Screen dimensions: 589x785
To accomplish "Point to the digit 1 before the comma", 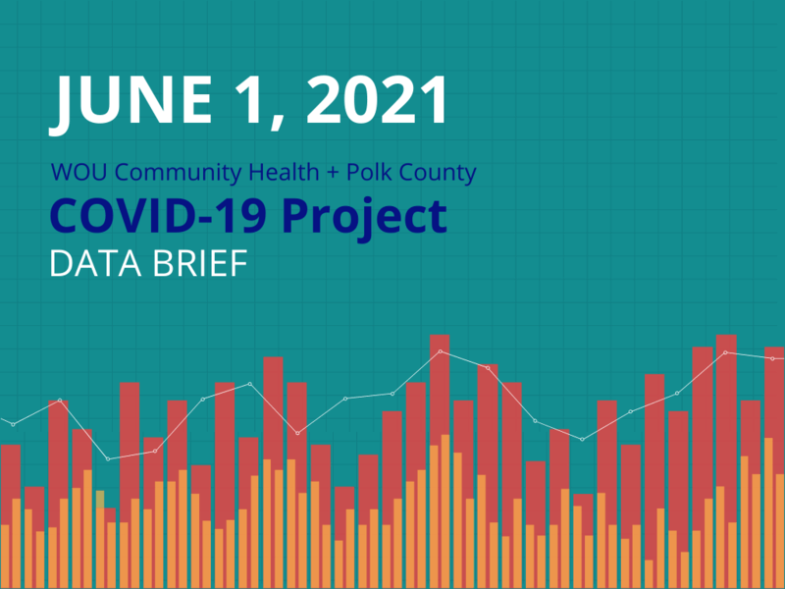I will [252, 101].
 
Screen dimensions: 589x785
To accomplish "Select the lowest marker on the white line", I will [108, 458].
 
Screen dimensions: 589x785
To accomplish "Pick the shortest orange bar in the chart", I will [650, 574].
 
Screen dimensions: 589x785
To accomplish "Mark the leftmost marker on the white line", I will [13, 424].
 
